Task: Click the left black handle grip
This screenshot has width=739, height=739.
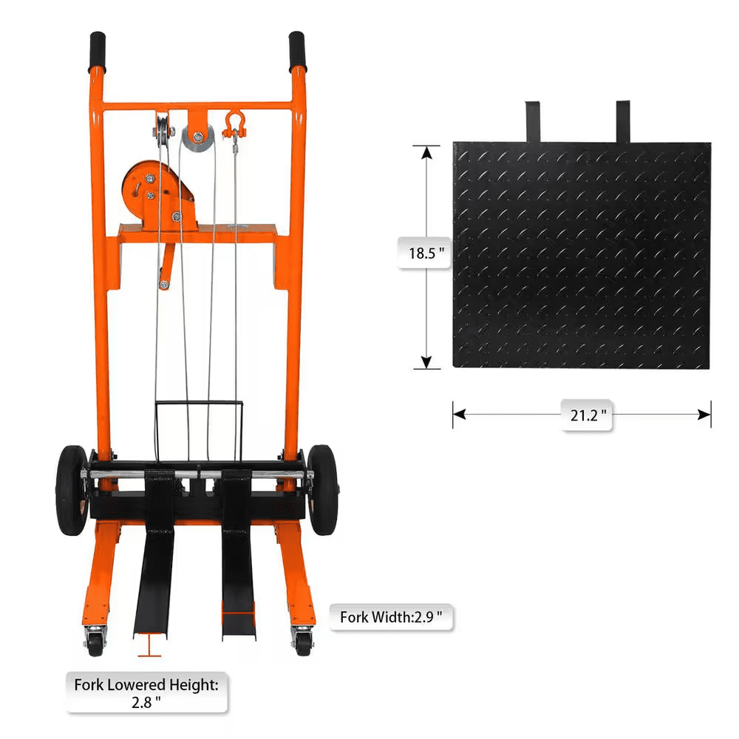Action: [x=98, y=50]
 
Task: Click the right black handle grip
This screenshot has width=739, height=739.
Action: [x=297, y=50]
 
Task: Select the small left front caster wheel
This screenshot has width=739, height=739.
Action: [x=95, y=641]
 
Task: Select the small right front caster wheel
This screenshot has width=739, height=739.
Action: [x=302, y=640]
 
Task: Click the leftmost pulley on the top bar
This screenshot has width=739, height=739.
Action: [x=160, y=132]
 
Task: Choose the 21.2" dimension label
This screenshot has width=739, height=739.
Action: [x=588, y=415]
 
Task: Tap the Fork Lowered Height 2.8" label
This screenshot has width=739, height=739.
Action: [x=146, y=693]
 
